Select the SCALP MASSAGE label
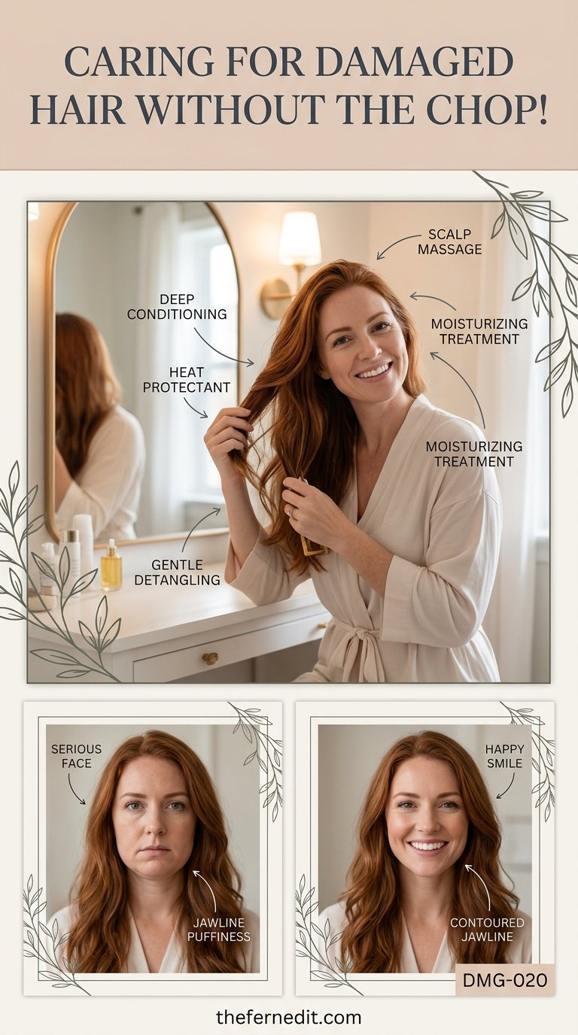[449, 241]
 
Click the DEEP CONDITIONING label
[177, 306]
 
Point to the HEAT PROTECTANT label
[187, 379]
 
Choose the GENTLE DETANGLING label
[177, 572]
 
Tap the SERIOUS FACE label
[76, 757]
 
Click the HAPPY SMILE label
[504, 757]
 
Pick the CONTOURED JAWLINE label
[488, 930]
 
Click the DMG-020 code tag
[505, 980]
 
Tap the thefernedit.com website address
[288, 1017]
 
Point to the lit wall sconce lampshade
[300, 238]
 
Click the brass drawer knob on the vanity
[209, 658]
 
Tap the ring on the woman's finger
[291, 512]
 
